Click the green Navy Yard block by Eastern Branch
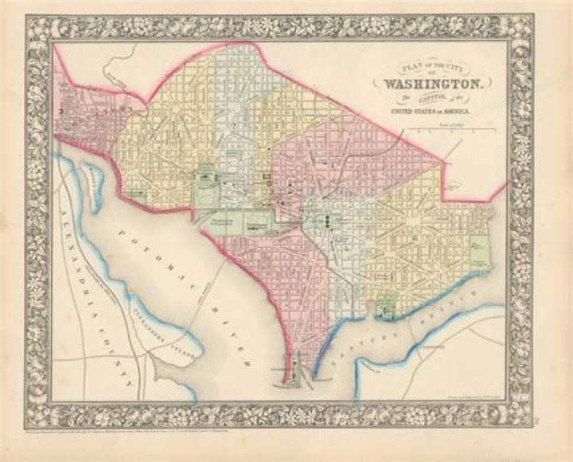[385, 306]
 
